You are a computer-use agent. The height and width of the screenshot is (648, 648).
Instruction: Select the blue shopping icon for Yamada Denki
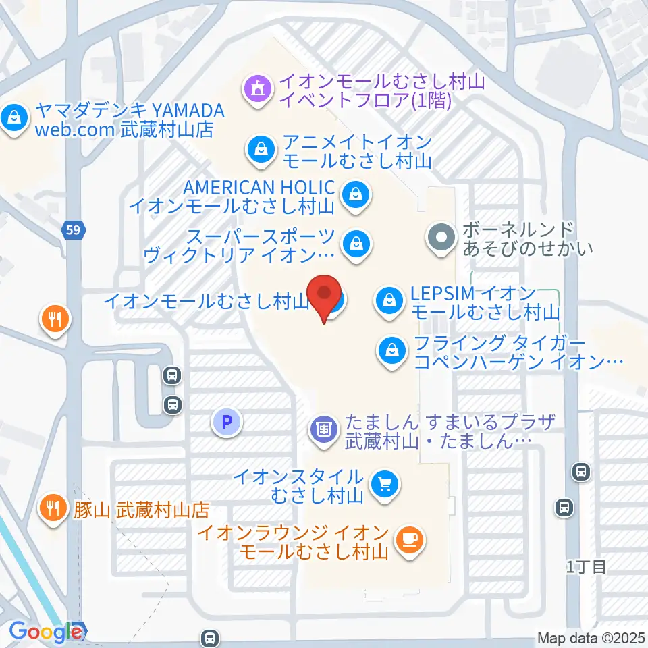click(13, 119)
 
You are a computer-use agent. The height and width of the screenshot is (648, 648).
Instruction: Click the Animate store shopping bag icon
click(261, 150)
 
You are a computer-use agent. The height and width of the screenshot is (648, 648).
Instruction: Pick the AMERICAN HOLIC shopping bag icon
click(354, 194)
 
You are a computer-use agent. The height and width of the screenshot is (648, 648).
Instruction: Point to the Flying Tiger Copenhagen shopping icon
click(392, 350)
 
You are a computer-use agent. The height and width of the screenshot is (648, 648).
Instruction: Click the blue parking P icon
click(227, 423)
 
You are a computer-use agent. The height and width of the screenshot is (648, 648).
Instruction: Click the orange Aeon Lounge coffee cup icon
click(409, 540)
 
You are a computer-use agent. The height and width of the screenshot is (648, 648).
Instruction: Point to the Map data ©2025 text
click(591, 638)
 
